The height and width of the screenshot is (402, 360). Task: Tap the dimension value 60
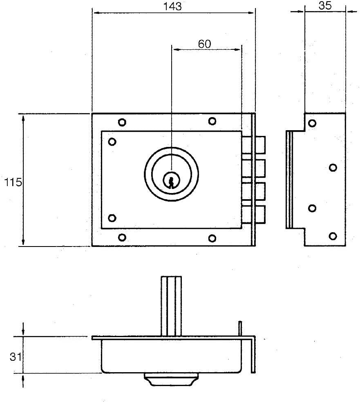204,44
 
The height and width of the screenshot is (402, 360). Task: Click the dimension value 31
15,357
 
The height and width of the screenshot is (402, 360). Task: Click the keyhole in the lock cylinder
172,180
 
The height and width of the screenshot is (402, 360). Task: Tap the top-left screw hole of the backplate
122,122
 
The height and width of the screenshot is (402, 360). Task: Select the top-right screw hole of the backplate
212,121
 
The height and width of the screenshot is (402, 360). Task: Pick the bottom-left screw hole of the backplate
122,237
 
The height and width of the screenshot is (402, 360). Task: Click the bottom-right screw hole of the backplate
212,238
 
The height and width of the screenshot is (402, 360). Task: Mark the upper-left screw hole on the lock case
112,142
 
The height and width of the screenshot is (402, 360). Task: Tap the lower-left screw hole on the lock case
113,218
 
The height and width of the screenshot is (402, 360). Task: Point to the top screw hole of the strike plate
312,123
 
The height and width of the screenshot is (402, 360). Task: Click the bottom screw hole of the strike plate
333,236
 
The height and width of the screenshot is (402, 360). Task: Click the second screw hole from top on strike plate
333,167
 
